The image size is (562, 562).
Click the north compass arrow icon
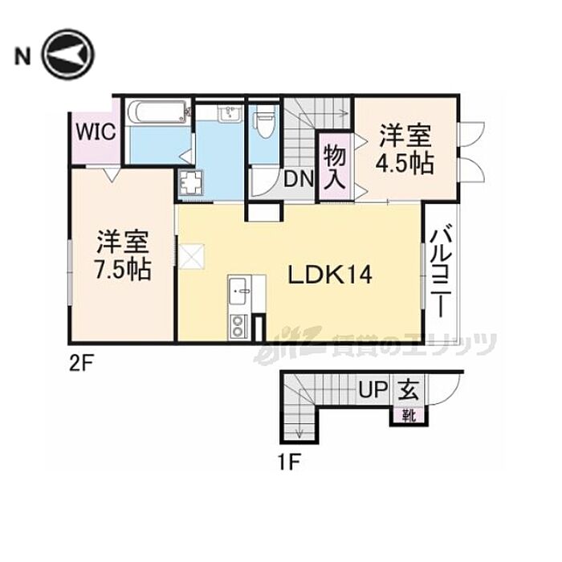pyautogui.click(x=68, y=55)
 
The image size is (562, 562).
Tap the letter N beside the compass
pyautogui.click(x=22, y=55)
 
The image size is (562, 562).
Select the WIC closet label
pyautogui.click(x=96, y=130)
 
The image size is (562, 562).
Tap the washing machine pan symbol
pyautogui.click(x=193, y=184)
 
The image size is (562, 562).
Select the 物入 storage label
pyautogui.click(x=334, y=165)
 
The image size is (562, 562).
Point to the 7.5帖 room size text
pyautogui.click(x=123, y=269)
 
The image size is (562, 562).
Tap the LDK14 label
pyautogui.click(x=329, y=275)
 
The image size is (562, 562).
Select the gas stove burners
pyautogui.click(x=239, y=326)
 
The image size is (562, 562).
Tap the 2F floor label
pyautogui.click(x=82, y=363)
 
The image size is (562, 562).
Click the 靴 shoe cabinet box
pyautogui.click(x=409, y=415)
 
